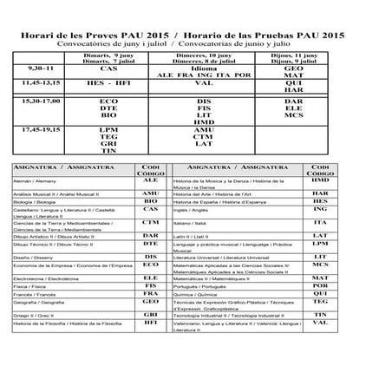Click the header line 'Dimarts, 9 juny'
[108, 55]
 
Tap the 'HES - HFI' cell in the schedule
[108, 84]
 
